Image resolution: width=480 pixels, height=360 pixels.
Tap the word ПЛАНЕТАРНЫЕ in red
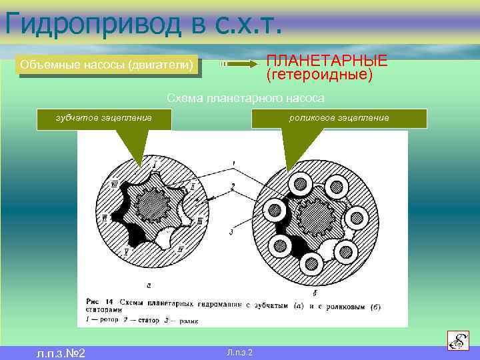click(327, 60)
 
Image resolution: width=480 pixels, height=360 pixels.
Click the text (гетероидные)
click(319, 74)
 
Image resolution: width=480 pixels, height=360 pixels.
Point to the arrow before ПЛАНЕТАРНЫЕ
click(240, 64)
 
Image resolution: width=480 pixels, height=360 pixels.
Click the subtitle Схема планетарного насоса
click(245, 99)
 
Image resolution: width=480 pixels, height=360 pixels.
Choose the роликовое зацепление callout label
click(339, 118)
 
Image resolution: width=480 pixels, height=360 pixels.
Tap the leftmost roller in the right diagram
click(274, 211)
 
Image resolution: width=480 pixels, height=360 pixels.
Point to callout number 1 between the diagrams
click(233, 163)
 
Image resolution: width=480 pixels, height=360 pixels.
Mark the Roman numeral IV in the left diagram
click(104, 217)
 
